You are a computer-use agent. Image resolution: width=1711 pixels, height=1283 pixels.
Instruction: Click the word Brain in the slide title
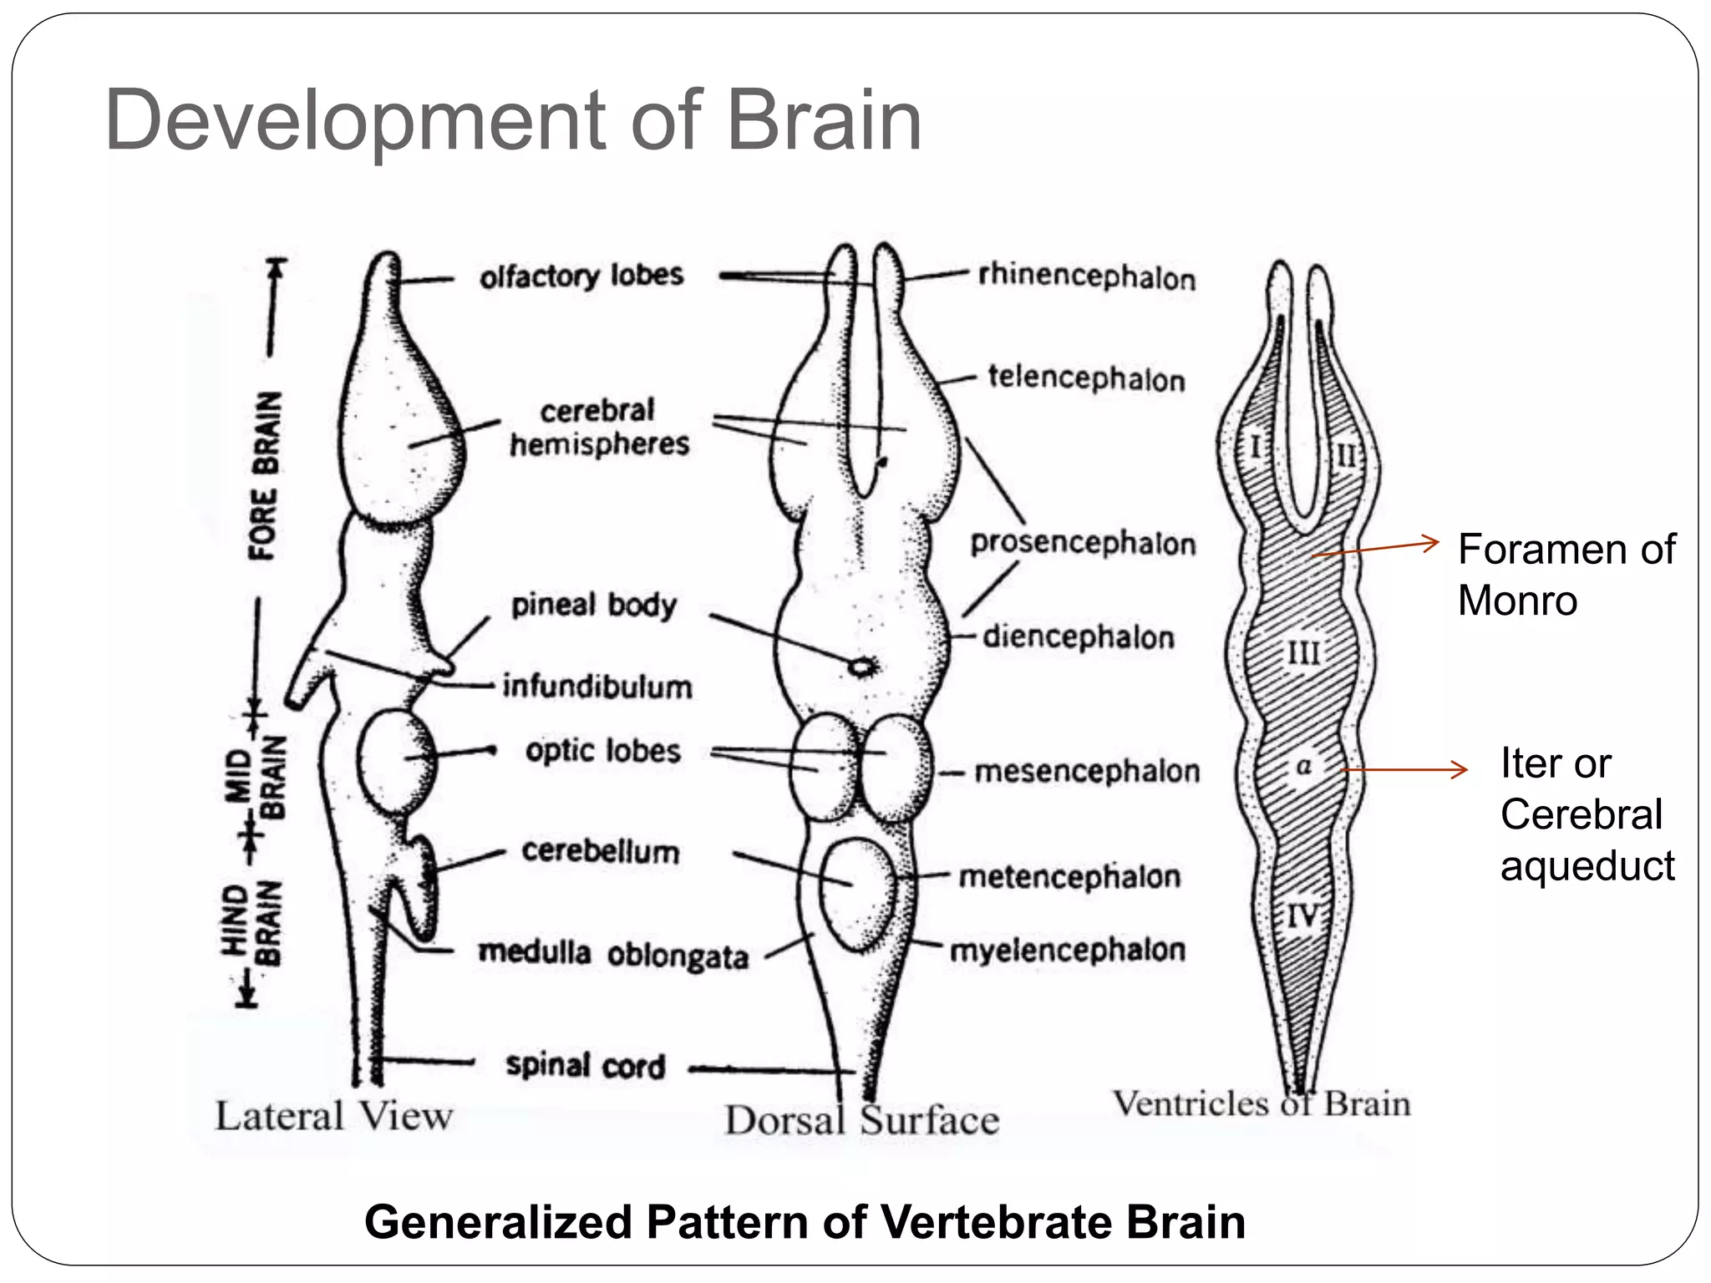[x=824, y=122]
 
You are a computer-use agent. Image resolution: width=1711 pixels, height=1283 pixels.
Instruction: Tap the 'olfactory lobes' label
[x=581, y=276]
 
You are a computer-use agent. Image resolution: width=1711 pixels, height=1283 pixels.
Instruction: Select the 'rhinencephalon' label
[x=1087, y=276]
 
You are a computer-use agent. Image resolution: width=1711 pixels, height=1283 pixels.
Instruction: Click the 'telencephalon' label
[x=1086, y=378]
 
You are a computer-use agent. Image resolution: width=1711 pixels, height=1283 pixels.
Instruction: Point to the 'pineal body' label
[x=594, y=605]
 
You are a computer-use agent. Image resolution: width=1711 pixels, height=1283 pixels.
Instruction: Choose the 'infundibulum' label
[x=597, y=687]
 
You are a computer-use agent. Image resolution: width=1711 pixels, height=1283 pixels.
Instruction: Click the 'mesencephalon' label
[x=1087, y=771]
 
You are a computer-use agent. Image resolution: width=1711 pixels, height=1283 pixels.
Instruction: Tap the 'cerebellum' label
[x=601, y=851]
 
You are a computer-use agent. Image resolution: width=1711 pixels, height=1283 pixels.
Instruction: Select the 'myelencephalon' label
[x=1068, y=951]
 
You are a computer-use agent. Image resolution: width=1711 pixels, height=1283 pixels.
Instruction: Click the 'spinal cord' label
[x=586, y=1066]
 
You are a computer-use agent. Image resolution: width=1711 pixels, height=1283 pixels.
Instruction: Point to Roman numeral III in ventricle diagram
[x=1303, y=652]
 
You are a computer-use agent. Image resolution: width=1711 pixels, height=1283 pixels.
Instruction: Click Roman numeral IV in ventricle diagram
[x=1302, y=916]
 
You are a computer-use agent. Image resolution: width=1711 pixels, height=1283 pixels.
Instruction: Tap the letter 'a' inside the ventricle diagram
[x=1303, y=766]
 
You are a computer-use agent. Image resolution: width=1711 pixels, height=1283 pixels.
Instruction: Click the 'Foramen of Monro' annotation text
[x=1566, y=575]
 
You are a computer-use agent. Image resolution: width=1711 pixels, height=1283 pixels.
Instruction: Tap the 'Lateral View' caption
[x=334, y=1117]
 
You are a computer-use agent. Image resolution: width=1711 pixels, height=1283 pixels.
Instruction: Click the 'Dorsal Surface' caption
[x=861, y=1120]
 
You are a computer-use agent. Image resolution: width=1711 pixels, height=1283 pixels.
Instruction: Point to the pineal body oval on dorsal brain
[x=861, y=666]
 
